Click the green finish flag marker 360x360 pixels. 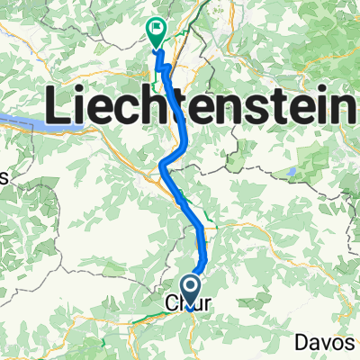point(156,31)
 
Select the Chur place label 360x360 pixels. point(189,305)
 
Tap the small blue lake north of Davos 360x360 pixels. point(292,170)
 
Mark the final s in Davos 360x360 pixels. point(356,344)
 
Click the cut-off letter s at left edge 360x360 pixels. point(3,178)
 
